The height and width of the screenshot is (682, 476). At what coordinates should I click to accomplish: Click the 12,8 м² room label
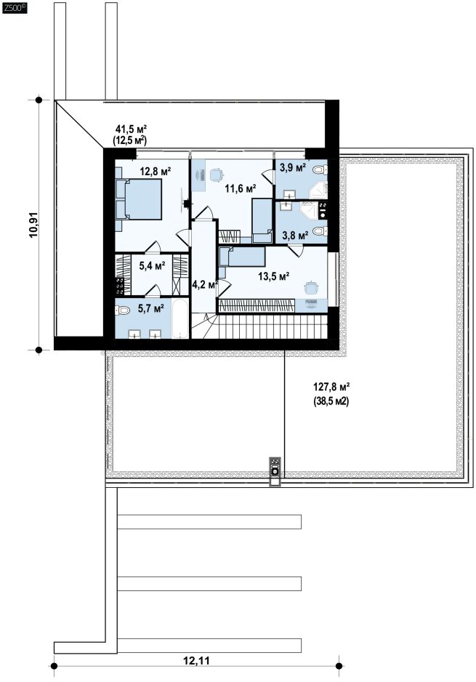(156, 171)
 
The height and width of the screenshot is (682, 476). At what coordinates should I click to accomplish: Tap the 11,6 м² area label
(240, 188)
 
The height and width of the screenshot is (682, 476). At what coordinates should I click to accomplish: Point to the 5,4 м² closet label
(152, 265)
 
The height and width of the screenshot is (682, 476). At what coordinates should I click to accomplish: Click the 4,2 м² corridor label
(205, 285)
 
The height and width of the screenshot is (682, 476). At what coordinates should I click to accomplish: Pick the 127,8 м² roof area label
(331, 386)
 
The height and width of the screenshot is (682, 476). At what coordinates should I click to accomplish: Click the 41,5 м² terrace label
(131, 129)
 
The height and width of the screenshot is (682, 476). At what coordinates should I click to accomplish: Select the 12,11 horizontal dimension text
(196, 661)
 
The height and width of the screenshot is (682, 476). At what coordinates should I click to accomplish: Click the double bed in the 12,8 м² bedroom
(139, 200)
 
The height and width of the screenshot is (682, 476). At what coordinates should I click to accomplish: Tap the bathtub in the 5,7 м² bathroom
(180, 318)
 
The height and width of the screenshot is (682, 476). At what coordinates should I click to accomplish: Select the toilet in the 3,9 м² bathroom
(321, 169)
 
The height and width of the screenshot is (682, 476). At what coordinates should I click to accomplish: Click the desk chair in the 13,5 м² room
(311, 287)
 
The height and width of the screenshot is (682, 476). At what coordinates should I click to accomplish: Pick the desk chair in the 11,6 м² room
(216, 174)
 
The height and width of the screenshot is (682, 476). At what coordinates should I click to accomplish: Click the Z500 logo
(15, 8)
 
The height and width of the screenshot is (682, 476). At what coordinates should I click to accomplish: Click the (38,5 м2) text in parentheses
(331, 402)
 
